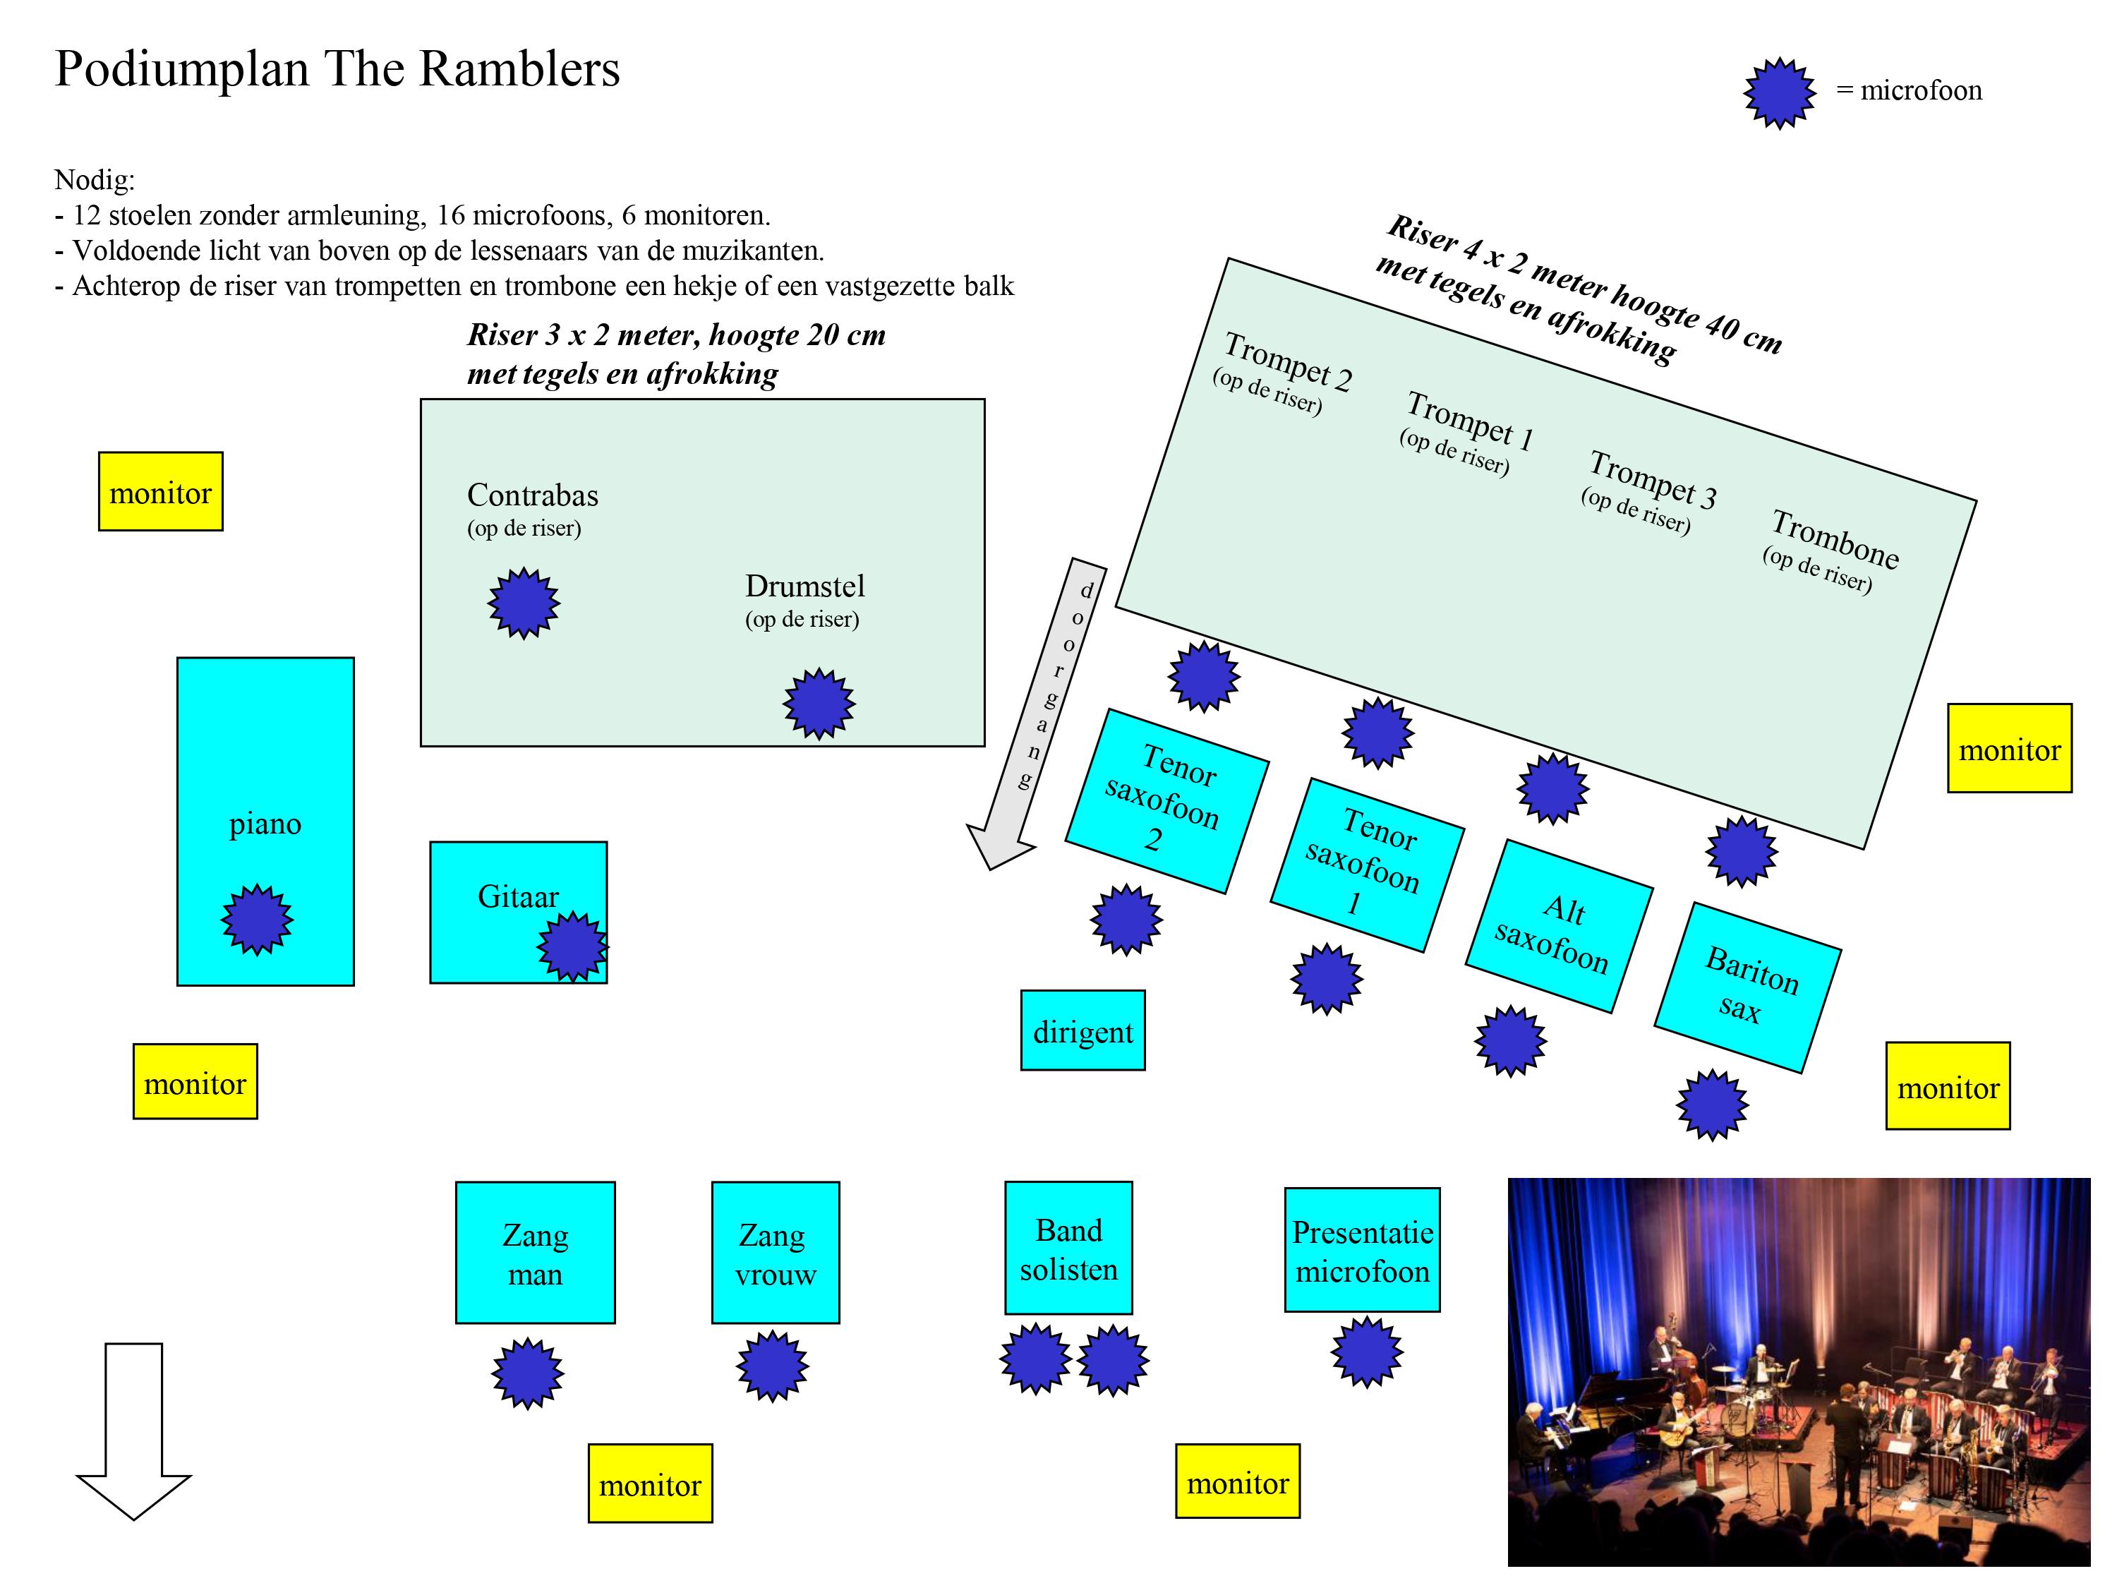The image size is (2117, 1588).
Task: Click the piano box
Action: pyautogui.click(x=265, y=766)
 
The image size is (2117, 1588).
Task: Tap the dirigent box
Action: pyautogui.click(x=1082, y=1031)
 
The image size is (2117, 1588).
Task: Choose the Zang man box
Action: pyautogui.click(x=535, y=1253)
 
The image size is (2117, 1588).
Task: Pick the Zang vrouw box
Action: pyautogui.click(x=776, y=1253)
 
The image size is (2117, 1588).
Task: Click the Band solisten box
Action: pyautogui.click(x=1068, y=1249)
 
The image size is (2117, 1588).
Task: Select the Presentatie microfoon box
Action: pyautogui.click(x=1362, y=1250)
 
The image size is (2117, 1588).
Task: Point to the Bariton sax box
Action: pyautogui.click(x=1747, y=987)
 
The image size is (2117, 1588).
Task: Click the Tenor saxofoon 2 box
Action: pyautogui.click(x=1166, y=801)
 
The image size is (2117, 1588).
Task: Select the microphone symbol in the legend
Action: pyautogui.click(x=1778, y=93)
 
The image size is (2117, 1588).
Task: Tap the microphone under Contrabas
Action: pyautogui.click(x=524, y=603)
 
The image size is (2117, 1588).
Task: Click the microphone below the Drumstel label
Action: pyautogui.click(x=819, y=704)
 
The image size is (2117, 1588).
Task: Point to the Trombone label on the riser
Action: pyautogui.click(x=1835, y=539)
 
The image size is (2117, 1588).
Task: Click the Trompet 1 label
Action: pyautogui.click(x=1469, y=421)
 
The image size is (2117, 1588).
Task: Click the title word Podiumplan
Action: pyautogui.click(x=182, y=69)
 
